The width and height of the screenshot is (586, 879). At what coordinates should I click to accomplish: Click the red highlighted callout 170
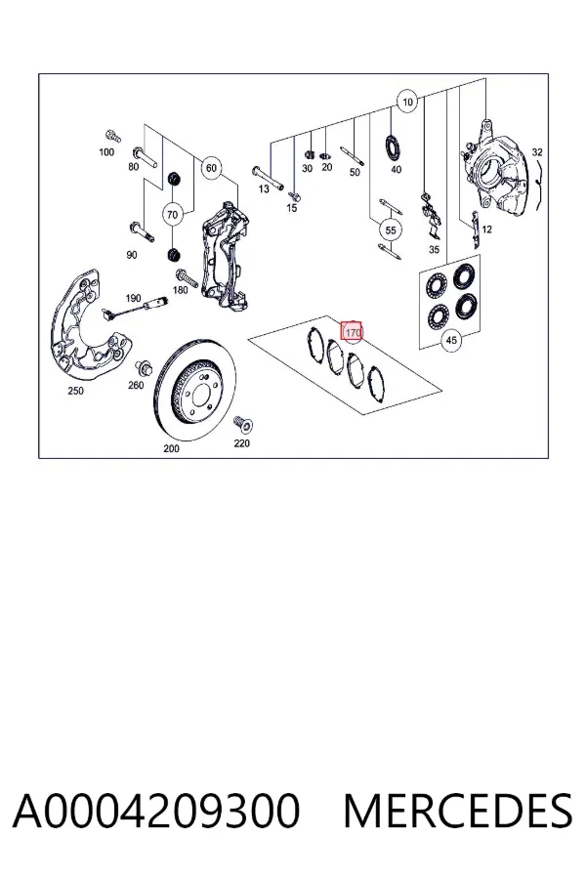(x=353, y=332)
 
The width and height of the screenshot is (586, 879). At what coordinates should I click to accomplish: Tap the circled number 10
(x=407, y=102)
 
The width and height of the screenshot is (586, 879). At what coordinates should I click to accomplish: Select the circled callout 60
(x=211, y=168)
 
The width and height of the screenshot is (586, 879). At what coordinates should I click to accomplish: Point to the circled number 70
(x=172, y=215)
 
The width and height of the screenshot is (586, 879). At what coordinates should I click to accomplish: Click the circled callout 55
(x=391, y=230)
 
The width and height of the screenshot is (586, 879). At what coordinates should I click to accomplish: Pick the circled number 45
(x=451, y=340)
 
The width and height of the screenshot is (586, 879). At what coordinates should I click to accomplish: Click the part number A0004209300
(x=156, y=811)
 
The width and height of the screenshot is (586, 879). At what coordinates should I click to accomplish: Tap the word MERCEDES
(x=458, y=811)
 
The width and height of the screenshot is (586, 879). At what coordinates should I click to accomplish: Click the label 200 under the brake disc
(x=171, y=448)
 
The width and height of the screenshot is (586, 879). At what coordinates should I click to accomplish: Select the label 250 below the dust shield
(x=75, y=391)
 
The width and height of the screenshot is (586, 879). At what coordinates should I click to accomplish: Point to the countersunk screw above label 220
(x=244, y=425)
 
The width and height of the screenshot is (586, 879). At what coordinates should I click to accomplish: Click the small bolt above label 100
(x=112, y=136)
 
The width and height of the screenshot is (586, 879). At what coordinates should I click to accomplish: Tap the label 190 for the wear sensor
(x=133, y=298)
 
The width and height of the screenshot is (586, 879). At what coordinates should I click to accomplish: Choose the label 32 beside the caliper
(x=537, y=152)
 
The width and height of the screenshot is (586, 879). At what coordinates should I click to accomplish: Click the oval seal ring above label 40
(x=393, y=146)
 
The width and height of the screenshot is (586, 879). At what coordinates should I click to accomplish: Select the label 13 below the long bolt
(x=264, y=188)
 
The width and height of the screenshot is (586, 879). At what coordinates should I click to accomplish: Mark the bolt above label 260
(x=143, y=369)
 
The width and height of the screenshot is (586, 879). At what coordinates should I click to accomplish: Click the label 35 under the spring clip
(x=434, y=249)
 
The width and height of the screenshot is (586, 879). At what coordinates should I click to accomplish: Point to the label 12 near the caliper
(x=486, y=229)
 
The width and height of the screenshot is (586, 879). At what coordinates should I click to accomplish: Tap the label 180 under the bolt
(x=180, y=290)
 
